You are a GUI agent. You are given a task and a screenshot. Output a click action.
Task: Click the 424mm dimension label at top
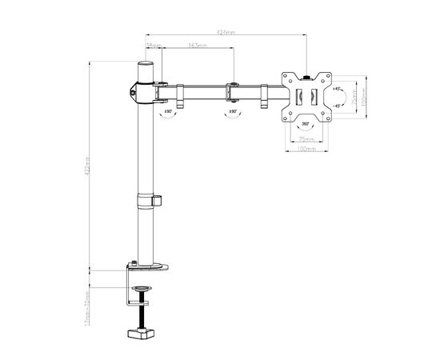[226, 33]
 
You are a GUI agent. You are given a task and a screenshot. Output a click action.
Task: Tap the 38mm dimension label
[154, 46]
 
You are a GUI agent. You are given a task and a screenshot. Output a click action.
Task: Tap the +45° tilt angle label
[338, 88]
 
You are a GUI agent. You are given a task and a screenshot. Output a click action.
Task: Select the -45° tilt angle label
[338, 106]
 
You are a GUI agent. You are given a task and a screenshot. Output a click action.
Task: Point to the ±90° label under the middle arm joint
[234, 113]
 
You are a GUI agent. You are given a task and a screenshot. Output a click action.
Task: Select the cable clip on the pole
[158, 199]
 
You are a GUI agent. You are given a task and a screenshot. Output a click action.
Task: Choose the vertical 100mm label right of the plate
[364, 97]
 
